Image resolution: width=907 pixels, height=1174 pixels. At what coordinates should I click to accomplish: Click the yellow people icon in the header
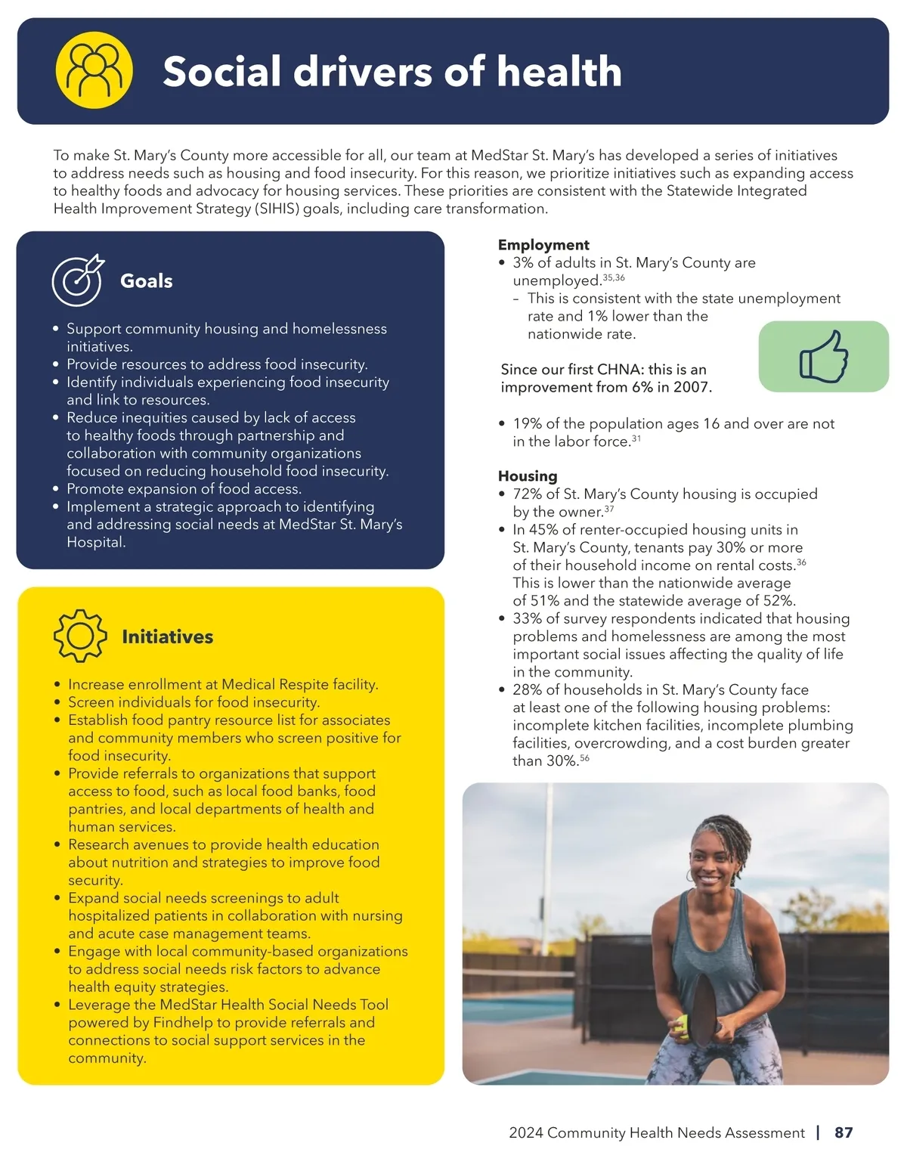94,70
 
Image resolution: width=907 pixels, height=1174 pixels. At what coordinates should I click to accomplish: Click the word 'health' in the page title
559,71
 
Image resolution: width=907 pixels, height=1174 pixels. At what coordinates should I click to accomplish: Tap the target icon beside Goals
77,280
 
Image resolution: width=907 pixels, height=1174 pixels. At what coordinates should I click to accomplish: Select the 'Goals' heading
146,281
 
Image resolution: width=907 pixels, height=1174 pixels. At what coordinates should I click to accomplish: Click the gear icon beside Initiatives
80,636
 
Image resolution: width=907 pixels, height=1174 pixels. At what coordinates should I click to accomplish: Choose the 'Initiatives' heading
167,637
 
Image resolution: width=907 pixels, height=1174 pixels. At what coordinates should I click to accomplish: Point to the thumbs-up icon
824,356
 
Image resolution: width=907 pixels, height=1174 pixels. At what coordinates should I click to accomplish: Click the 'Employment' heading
543,245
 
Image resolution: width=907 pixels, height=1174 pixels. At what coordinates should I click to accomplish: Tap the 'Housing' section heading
527,476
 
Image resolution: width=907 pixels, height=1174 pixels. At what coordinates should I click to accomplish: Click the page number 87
844,1132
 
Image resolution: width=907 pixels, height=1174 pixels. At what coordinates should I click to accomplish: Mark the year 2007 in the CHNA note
694,388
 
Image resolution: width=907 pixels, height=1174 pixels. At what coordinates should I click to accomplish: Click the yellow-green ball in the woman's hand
683,1023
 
